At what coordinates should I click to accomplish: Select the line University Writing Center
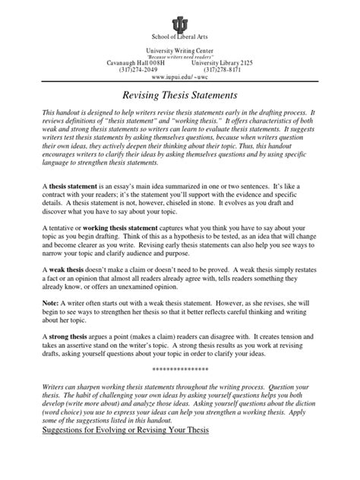click(x=179, y=49)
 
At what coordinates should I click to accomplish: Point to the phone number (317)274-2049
click(x=140, y=68)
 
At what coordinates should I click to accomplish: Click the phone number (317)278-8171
click(x=221, y=68)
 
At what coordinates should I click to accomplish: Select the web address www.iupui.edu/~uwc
click(x=179, y=77)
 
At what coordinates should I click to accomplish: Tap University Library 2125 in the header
click(x=223, y=62)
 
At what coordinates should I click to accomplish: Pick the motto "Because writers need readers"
click(x=179, y=55)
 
